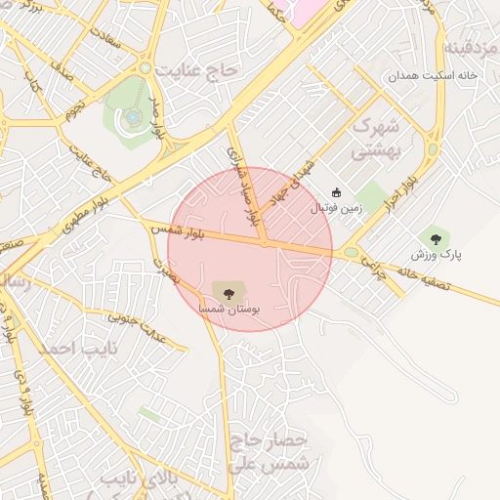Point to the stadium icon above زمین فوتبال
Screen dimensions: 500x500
click(x=337, y=192)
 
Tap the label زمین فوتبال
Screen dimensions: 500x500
click(x=335, y=208)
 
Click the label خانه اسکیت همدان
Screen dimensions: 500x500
click(x=431, y=75)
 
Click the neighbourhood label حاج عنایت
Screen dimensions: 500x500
click(x=201, y=70)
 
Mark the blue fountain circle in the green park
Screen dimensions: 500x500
click(x=132, y=117)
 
